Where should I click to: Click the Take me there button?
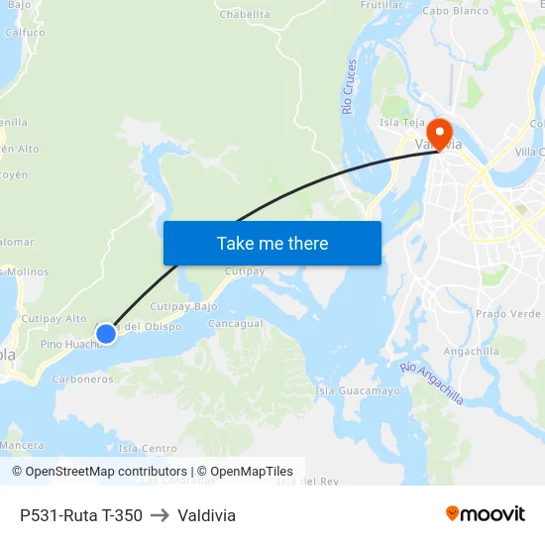pos(272,243)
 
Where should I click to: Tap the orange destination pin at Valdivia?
pos(438,132)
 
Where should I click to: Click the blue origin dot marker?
pos(105,334)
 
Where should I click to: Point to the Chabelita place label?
pos(244,15)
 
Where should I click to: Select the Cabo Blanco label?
pos(456,11)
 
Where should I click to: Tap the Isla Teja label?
pos(402,123)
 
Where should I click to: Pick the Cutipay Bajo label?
pos(183,307)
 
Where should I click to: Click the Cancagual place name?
pos(236,324)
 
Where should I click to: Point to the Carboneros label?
pos(82,379)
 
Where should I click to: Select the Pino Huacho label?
pos(70,344)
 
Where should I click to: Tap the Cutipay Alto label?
pos(54,318)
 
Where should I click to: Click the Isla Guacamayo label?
pos(358,390)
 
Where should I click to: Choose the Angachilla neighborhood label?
pos(472,351)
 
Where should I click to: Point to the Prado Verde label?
pos(508,313)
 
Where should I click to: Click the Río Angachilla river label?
pos(432,382)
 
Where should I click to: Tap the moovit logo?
pos(485,513)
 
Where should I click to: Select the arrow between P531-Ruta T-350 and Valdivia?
pos(160,515)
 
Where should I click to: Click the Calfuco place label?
pos(25,32)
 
